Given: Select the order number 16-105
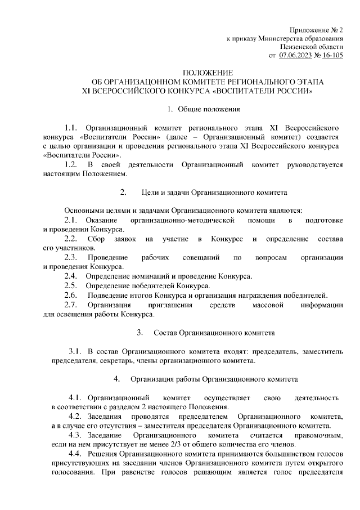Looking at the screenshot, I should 330,55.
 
